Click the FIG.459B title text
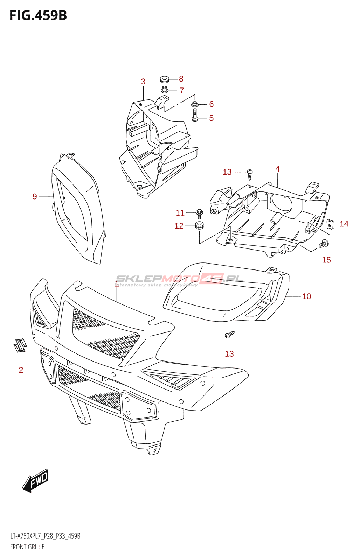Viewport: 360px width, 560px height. point(38,16)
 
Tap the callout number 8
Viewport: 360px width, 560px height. point(181,79)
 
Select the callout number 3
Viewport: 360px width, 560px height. point(143,82)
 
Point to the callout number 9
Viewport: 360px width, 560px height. point(35,197)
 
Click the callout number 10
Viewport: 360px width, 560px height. point(306,296)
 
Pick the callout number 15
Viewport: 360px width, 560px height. point(326,260)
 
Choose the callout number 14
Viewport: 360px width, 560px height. point(344,224)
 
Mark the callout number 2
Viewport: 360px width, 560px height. point(21,370)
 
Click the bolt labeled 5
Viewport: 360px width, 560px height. point(195,115)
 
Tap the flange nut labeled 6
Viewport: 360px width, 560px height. point(195,104)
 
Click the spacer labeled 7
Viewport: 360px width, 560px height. point(165,90)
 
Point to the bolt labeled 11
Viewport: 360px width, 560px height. point(199,212)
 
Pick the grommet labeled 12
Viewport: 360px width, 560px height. point(199,226)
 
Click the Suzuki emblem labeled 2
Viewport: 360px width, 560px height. point(20,345)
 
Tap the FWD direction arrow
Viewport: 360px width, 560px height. point(35,481)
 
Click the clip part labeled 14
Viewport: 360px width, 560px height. point(330,224)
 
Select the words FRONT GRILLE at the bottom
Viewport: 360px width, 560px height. point(27,547)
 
